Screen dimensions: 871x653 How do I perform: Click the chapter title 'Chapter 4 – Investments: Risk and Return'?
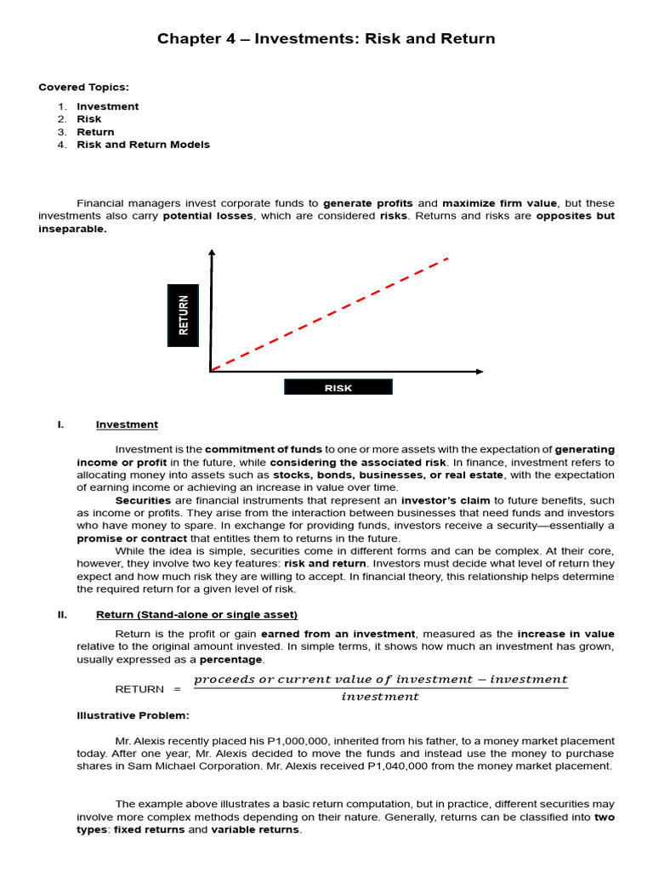pos(326,39)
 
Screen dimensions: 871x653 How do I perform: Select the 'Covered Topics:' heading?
pos(83,87)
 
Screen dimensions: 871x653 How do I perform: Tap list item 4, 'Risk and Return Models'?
pos(143,145)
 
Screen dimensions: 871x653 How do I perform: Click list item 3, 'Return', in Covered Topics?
pos(95,132)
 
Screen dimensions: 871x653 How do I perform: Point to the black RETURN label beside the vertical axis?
pos(184,315)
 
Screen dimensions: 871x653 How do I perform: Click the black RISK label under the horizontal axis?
pos(338,388)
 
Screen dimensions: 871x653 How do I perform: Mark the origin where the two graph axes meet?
pos(212,371)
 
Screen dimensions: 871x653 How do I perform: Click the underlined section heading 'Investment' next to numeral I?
pos(127,424)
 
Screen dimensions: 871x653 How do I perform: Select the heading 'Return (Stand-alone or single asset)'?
pos(196,615)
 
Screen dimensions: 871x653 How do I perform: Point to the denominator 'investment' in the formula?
pos(380,697)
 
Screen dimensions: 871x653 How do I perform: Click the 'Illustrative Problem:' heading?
pos(133,715)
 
